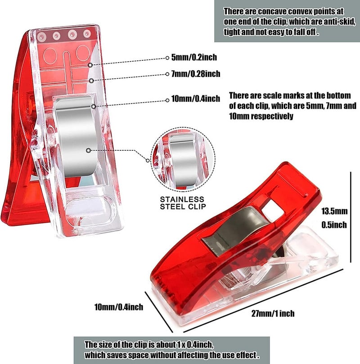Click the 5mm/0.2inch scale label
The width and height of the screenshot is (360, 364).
[194, 57]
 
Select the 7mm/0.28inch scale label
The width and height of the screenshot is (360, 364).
[196, 74]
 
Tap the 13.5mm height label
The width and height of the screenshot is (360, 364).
[334, 211]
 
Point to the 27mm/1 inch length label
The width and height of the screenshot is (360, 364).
[273, 314]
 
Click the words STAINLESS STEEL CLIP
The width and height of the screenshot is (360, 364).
[183, 203]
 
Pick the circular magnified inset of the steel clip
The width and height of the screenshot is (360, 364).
[183, 159]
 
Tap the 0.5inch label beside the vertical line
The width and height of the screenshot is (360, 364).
[334, 225]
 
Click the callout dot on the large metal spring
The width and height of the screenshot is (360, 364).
[88, 150]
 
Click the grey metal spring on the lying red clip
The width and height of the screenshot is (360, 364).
[236, 230]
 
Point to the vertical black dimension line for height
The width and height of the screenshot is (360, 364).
[351, 217]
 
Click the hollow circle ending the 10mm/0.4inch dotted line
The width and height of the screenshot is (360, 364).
[167, 100]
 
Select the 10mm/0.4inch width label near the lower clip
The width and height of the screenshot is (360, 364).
[119, 307]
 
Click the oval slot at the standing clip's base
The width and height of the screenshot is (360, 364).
[89, 211]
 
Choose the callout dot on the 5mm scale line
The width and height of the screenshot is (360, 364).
[90, 65]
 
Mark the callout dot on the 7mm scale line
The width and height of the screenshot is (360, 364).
[91, 81]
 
